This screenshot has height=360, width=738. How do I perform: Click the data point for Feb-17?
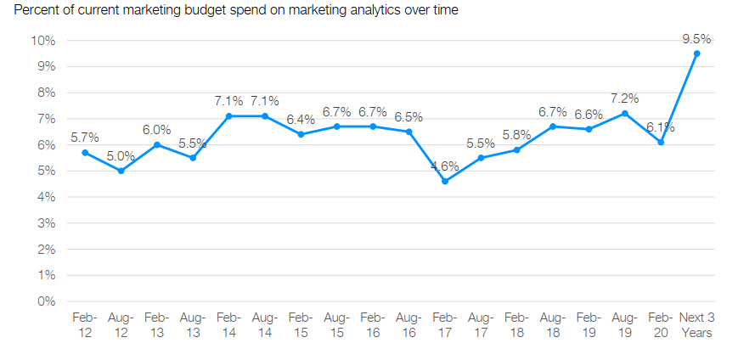(445, 181)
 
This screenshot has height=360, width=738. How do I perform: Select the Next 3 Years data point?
(696, 53)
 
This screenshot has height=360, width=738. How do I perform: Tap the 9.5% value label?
(696, 38)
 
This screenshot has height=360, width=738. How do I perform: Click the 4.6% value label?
(445, 166)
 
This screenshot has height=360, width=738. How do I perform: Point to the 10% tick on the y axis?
(42, 41)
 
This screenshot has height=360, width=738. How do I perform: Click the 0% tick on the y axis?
(46, 301)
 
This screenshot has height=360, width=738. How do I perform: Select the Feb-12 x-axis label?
(85, 324)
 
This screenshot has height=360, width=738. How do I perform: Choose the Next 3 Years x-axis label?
(696, 324)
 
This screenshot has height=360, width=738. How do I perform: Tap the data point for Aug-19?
(625, 113)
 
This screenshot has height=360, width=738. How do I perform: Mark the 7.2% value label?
(625, 98)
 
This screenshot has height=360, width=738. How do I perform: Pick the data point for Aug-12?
(121, 171)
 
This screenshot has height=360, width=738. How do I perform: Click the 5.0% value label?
(121, 155)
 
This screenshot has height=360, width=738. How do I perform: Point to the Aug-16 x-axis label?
(408, 324)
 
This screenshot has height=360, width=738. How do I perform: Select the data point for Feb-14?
(228, 115)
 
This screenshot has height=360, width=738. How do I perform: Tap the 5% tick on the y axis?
(46, 171)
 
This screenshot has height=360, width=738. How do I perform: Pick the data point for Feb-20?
(661, 142)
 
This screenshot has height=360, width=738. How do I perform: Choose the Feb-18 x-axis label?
(516, 324)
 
